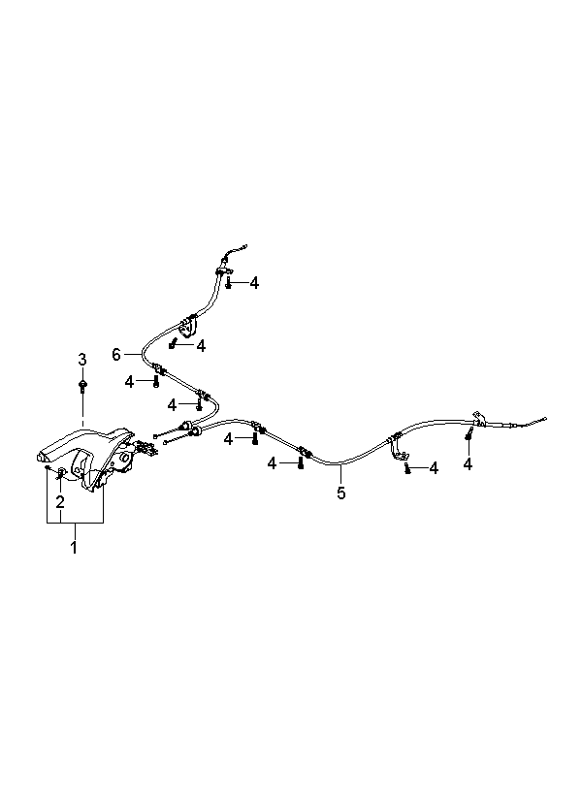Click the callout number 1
pyautogui.click(x=73, y=549)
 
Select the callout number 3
pyautogui.click(x=82, y=360)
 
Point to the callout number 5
pyautogui.click(x=340, y=493)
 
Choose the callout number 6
pyautogui.click(x=116, y=355)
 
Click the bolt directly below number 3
pyautogui.click(x=82, y=386)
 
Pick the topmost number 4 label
pyautogui.click(x=254, y=283)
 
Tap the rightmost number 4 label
pyautogui.click(x=468, y=464)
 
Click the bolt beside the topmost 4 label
pyautogui.click(x=229, y=283)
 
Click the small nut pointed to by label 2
pyautogui.click(x=62, y=473)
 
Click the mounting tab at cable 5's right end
pyautogui.click(x=477, y=418)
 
